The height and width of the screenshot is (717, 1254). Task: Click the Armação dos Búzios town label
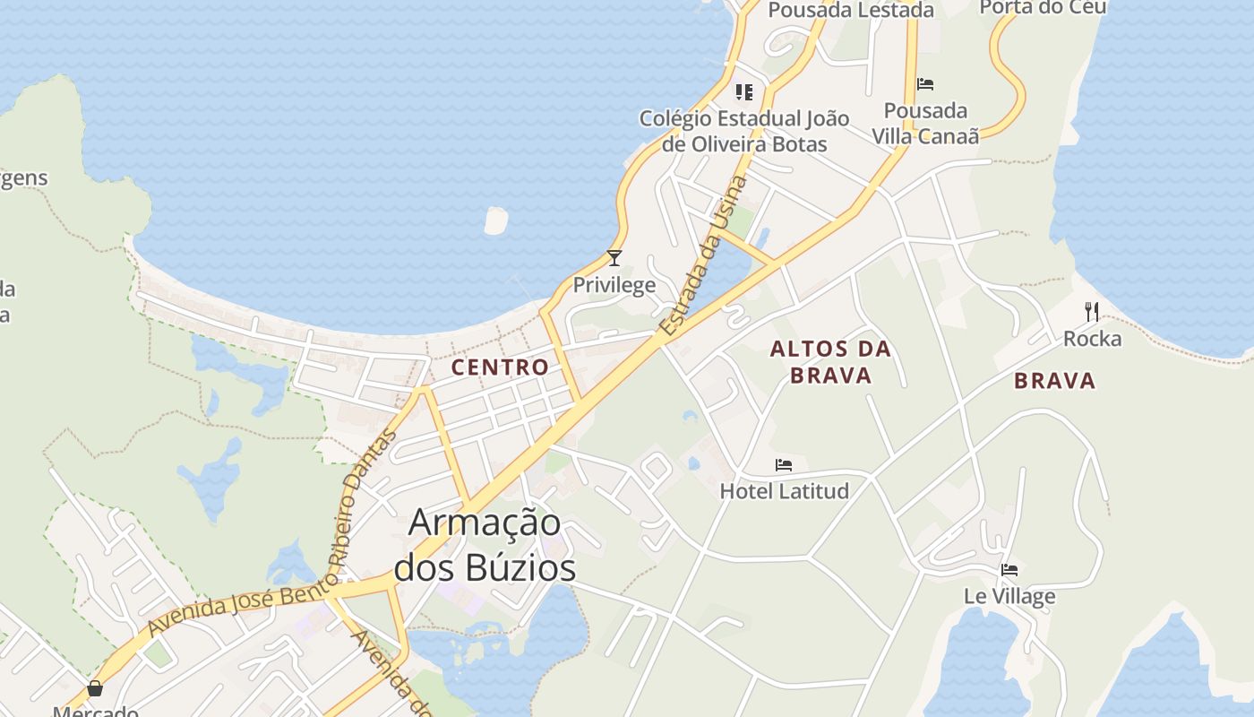[x=485, y=545]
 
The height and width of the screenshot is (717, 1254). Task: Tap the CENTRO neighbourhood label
[x=500, y=367]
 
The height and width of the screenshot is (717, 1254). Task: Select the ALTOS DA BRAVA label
[x=831, y=362]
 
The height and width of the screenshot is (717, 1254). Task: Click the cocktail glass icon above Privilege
[x=614, y=258]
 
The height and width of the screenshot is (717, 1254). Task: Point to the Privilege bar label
[x=614, y=286]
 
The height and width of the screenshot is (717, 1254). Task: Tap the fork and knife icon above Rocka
[x=1092, y=312]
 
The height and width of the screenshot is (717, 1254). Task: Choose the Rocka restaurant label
[x=1092, y=339]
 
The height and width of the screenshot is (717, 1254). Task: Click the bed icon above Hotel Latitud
[x=784, y=465]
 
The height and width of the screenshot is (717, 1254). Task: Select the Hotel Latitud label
[x=784, y=491]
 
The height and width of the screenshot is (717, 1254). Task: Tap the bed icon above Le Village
[x=1009, y=570]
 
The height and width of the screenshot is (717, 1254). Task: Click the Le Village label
[x=1009, y=596]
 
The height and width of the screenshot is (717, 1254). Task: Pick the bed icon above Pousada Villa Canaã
[x=925, y=84]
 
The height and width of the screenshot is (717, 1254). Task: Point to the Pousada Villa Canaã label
[x=925, y=123]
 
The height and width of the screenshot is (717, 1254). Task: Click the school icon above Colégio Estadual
[x=744, y=91]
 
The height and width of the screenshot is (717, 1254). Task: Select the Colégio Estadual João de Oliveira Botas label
[x=744, y=131]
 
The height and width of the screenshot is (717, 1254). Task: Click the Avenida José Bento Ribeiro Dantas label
[x=242, y=605]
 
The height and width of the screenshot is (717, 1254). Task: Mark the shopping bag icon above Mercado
[x=95, y=688]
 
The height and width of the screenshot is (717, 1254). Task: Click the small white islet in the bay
[x=495, y=220]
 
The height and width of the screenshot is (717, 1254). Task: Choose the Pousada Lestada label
[x=851, y=10]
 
